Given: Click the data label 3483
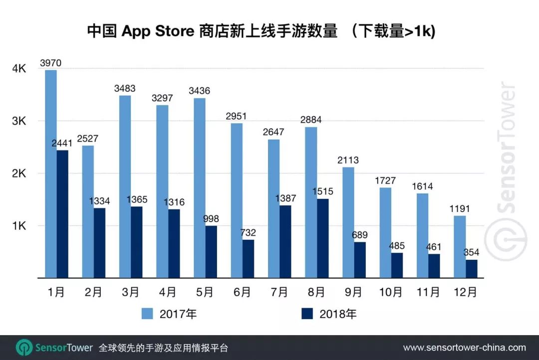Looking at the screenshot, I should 125,88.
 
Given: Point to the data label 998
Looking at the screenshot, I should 211,219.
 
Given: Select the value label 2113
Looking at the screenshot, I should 348,160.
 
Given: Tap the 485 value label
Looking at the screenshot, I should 396,246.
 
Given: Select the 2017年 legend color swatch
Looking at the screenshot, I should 147,314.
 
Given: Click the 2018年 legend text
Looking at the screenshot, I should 338,314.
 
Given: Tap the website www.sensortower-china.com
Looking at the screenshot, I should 464,348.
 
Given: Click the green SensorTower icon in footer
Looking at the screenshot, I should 24,348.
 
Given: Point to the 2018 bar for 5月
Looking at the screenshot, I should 211,251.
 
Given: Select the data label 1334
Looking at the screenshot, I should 99,201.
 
